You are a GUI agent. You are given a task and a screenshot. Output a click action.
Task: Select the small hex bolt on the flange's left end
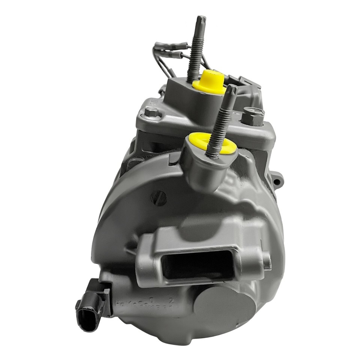pyautogui.click(x=152, y=111)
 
